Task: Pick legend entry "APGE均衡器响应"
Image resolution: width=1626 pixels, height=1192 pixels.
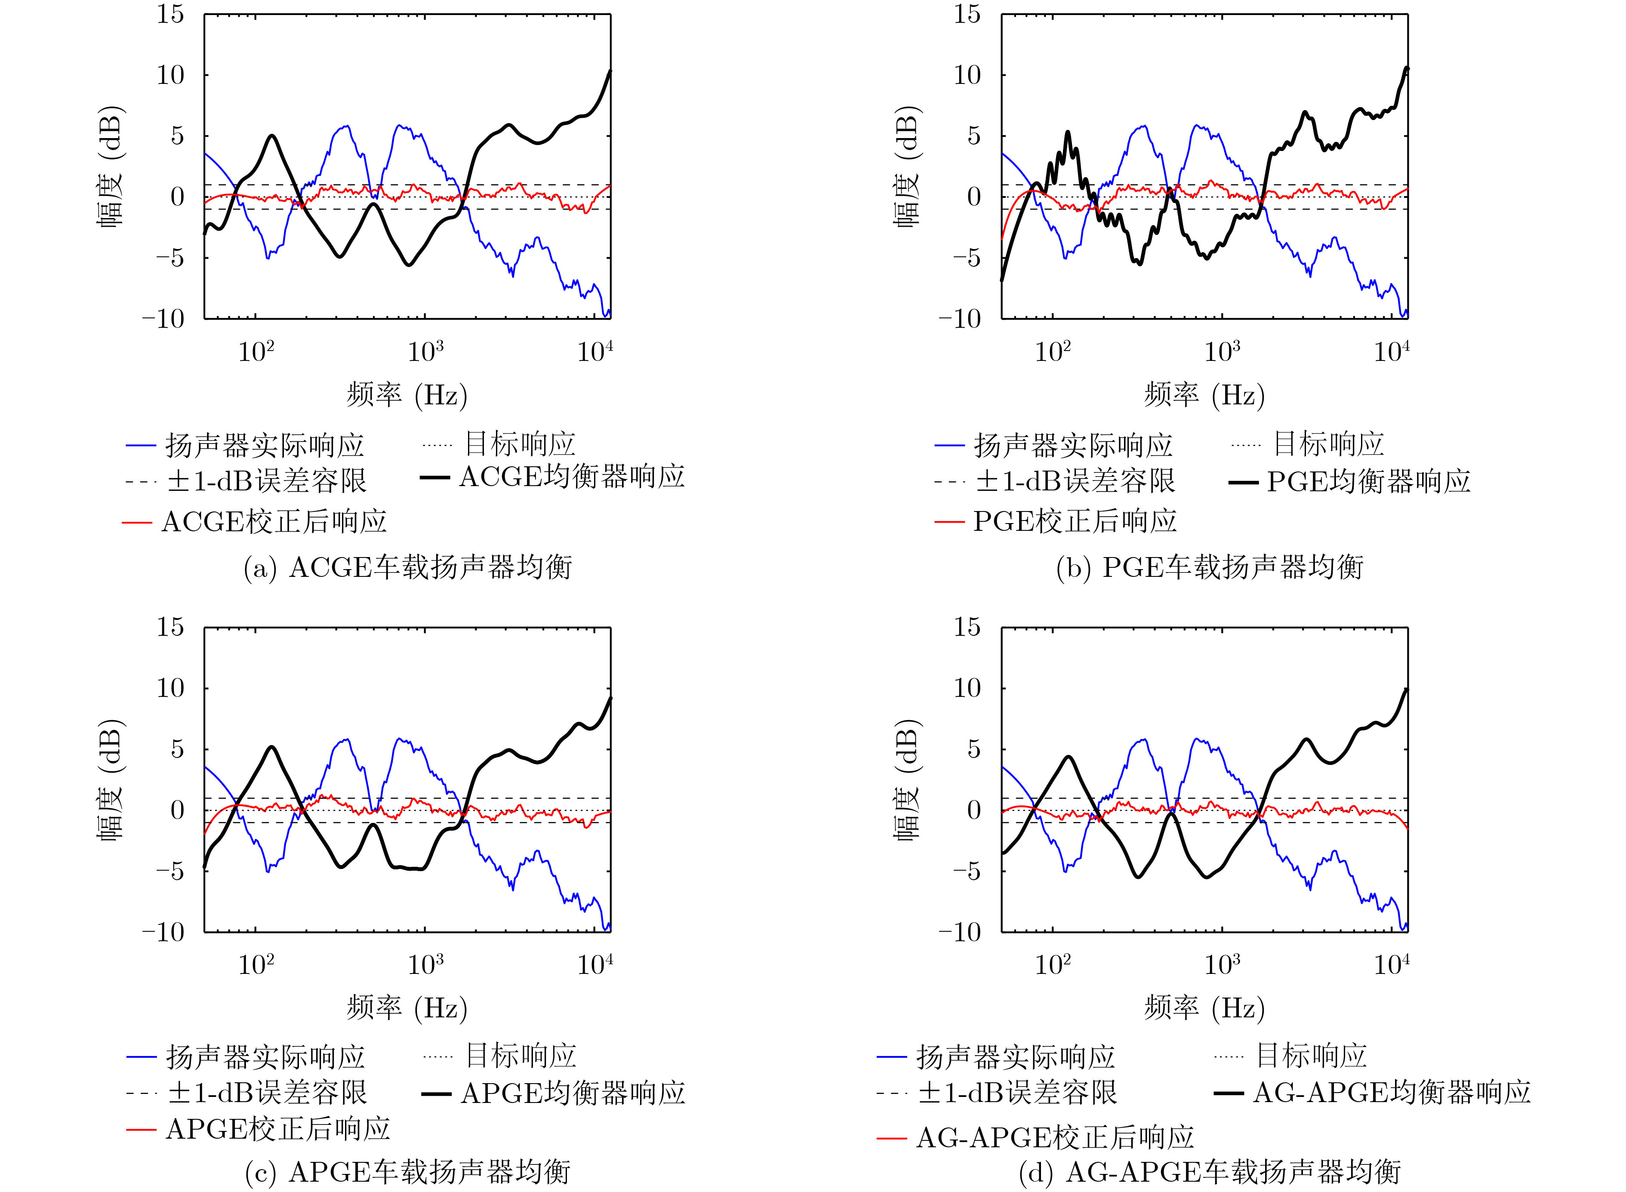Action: coord(573,1093)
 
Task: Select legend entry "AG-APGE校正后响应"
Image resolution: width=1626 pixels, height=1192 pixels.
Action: coord(1055,1138)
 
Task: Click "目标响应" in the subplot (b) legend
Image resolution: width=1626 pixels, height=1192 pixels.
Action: coord(1329,444)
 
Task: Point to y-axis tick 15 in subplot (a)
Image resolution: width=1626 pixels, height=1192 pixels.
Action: coord(171,15)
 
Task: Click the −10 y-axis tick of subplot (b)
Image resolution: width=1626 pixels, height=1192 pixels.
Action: coord(959,319)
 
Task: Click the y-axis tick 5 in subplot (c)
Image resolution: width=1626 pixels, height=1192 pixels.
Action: coord(178,749)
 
